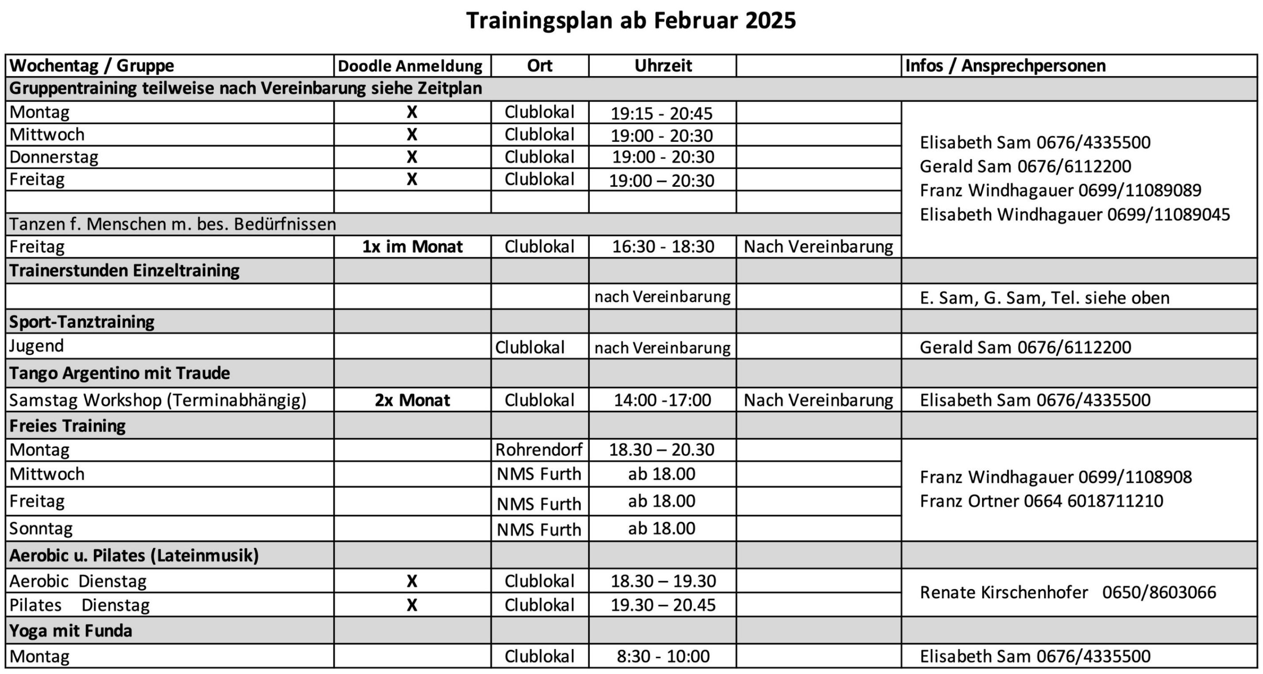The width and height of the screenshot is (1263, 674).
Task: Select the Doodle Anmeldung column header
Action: pyautogui.click(x=411, y=66)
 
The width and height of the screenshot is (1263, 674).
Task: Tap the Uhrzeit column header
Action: pyautogui.click(x=663, y=66)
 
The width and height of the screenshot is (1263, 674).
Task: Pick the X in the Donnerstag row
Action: pyautogui.click(x=412, y=157)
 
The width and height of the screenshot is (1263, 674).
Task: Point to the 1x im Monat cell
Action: pyautogui.click(x=412, y=247)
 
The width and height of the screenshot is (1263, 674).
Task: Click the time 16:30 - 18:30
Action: pyautogui.click(x=663, y=247)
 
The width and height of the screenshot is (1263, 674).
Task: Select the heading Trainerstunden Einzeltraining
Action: pyautogui.click(x=124, y=271)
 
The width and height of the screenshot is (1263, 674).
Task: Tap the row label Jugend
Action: pyautogui.click(x=37, y=346)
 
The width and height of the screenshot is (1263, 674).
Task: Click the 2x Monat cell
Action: pyautogui.click(x=412, y=400)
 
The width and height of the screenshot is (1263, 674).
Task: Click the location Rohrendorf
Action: pyautogui.click(x=539, y=449)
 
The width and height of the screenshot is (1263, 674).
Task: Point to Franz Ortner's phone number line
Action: pyautogui.click(x=1041, y=501)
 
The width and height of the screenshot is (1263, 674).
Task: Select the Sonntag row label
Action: pyautogui.click(x=41, y=528)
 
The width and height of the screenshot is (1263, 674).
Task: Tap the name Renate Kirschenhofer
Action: pyautogui.click(x=1003, y=593)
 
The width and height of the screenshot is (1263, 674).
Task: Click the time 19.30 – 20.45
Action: pyautogui.click(x=663, y=605)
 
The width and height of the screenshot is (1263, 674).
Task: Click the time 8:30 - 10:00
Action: pyautogui.click(x=663, y=656)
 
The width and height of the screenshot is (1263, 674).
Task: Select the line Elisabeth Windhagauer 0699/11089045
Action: pyautogui.click(x=1074, y=215)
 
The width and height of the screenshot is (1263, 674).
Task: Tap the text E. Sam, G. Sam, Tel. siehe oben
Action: pyautogui.click(x=1044, y=298)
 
